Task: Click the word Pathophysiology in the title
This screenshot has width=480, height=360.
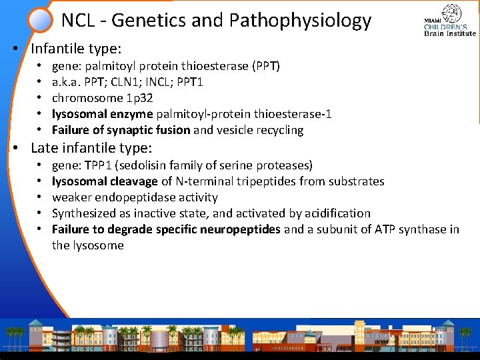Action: pyautogui.click(x=300, y=21)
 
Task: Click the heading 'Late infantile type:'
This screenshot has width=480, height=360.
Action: pyautogui.click(x=91, y=147)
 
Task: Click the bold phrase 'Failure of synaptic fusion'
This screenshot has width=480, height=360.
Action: pyautogui.click(x=121, y=130)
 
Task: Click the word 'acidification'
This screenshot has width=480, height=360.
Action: pyautogui.click(x=337, y=213)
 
